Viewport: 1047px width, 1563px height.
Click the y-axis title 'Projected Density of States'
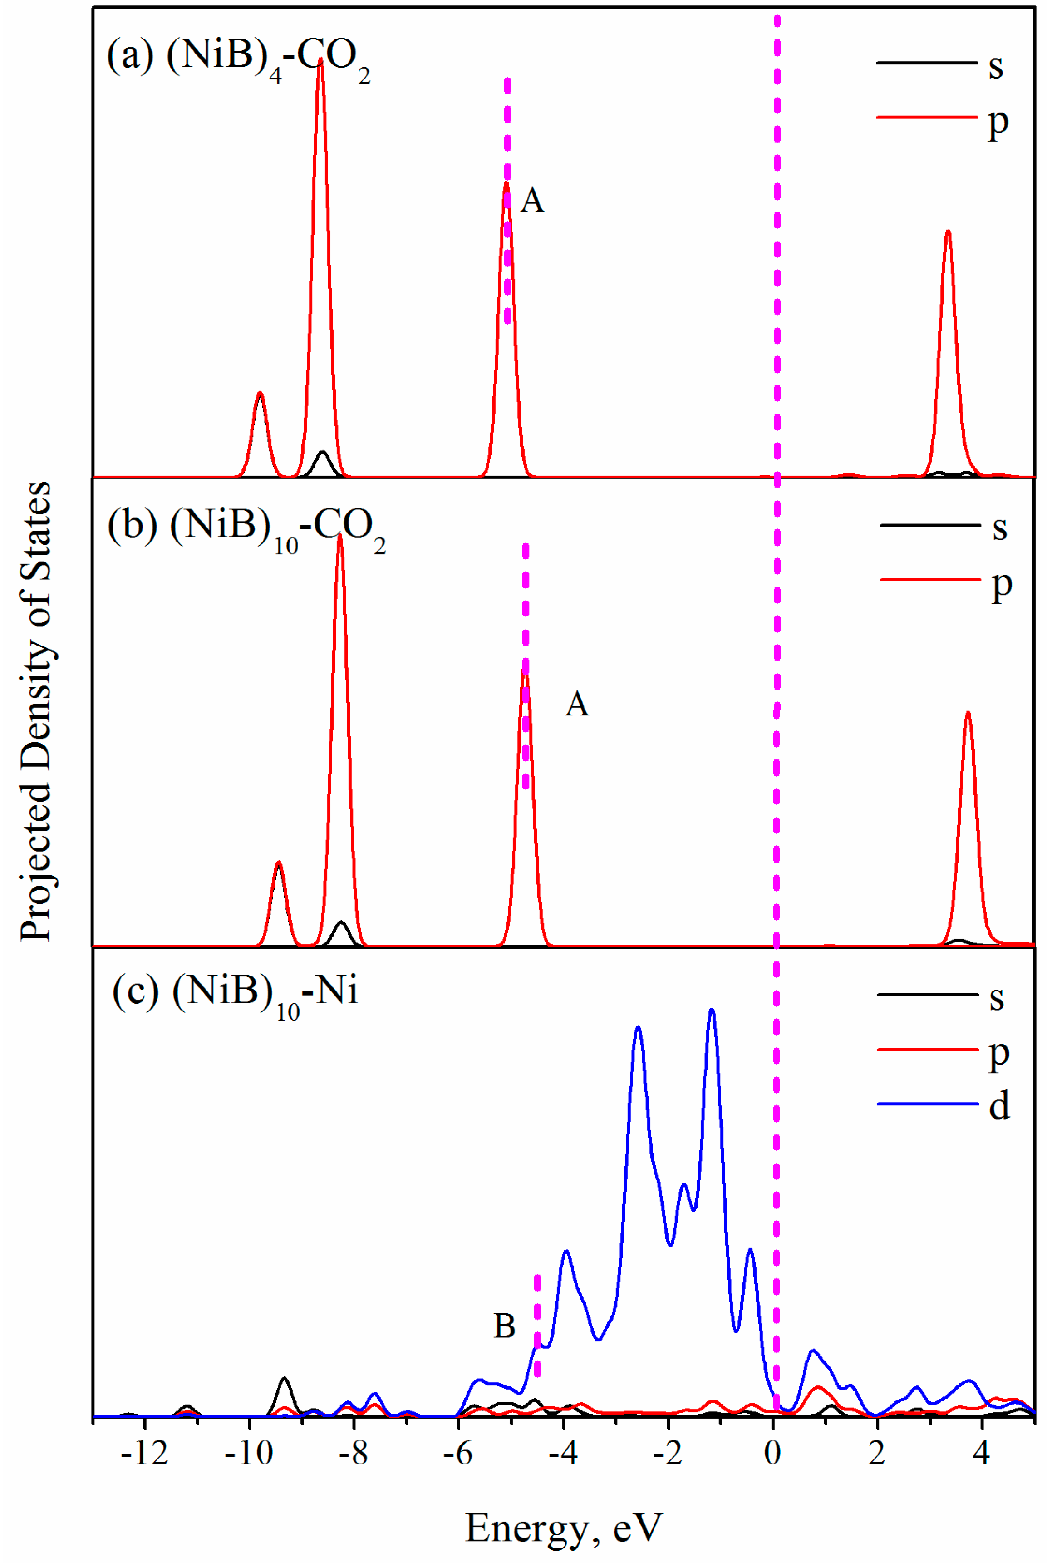(35, 711)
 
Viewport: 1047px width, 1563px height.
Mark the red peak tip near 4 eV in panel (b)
(968, 713)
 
